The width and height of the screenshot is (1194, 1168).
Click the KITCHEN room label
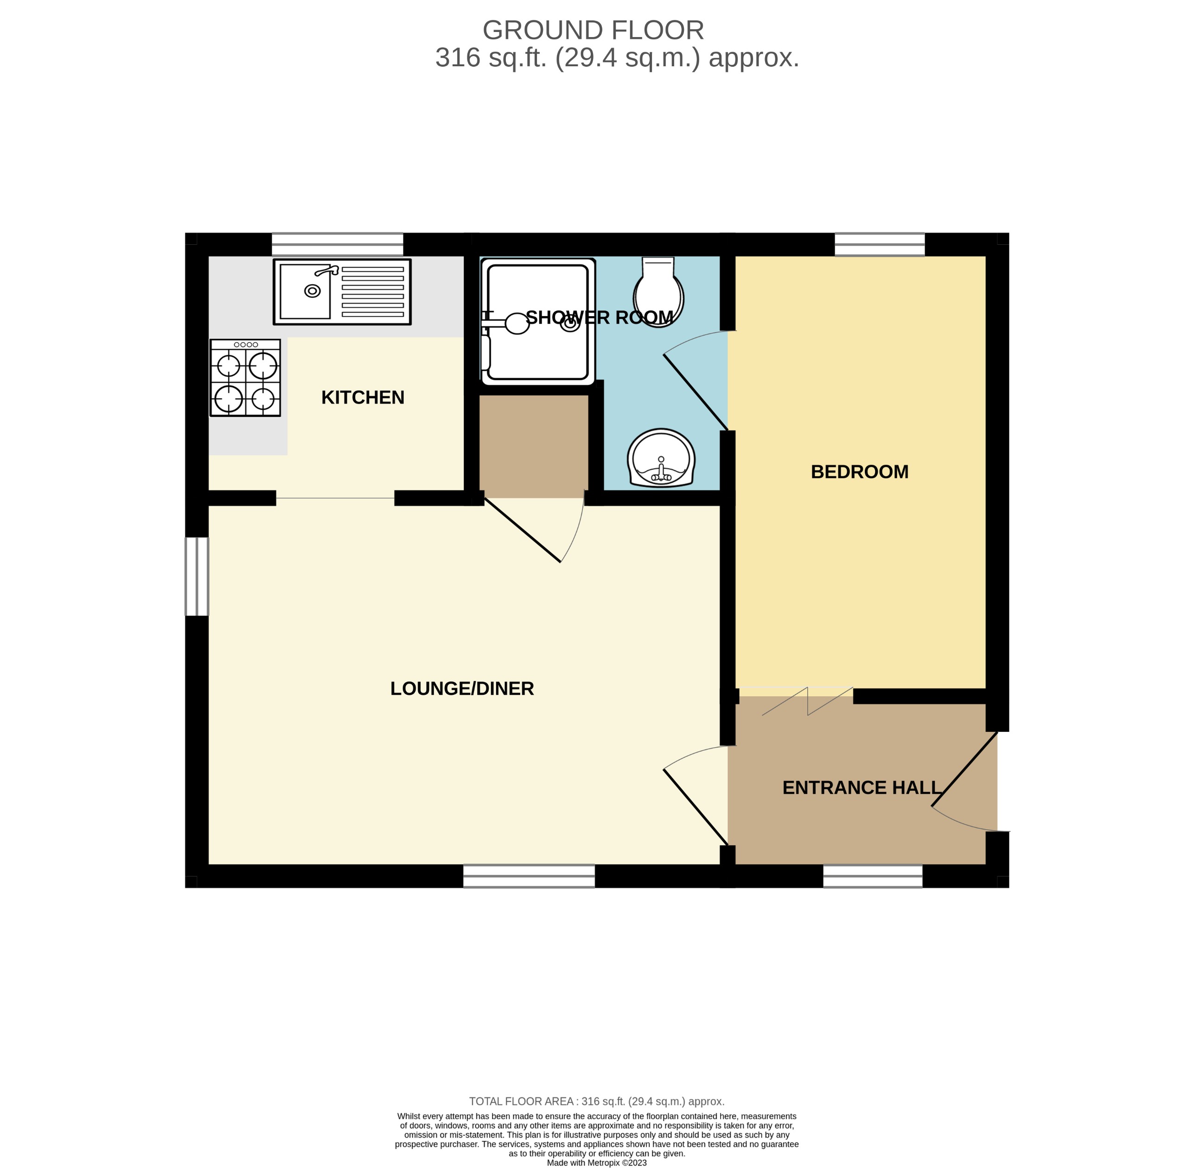point(363,398)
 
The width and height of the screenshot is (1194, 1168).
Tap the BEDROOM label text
point(859,472)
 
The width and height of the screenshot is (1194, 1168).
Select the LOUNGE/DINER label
point(462,688)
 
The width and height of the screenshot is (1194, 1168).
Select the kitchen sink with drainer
point(342,292)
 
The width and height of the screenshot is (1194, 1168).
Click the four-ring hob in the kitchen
point(245,378)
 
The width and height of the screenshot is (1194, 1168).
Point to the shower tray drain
point(570,324)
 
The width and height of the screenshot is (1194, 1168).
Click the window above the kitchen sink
point(338,244)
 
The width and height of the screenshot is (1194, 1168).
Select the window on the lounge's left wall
point(197,576)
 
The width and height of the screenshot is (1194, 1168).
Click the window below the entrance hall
point(873,876)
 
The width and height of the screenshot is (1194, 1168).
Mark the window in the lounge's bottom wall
point(529,876)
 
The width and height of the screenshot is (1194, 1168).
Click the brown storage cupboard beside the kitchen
point(533,446)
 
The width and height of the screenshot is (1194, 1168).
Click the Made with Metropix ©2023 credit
point(596,1162)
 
